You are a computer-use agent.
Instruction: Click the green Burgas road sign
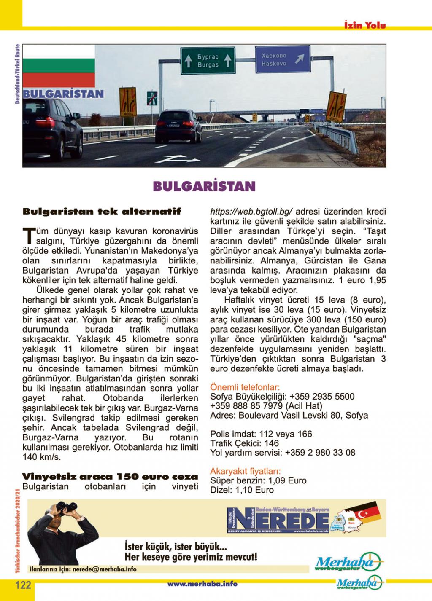tap(208, 61)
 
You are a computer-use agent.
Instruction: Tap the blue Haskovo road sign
tap(282, 60)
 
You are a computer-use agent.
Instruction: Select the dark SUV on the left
tap(52, 126)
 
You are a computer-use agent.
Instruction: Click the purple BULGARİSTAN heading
tap(204, 186)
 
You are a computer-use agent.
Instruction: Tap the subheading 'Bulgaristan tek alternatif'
tap(102, 211)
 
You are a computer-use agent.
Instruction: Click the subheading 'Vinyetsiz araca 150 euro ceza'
tap(110, 477)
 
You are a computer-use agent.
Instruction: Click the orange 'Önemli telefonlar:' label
tap(245, 387)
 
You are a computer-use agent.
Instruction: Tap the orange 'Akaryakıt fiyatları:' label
tap(246, 471)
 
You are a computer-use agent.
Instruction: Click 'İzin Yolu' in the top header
tap(365, 25)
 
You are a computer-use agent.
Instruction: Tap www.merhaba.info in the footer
tap(202, 584)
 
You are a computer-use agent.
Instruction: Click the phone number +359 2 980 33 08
tap(320, 453)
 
